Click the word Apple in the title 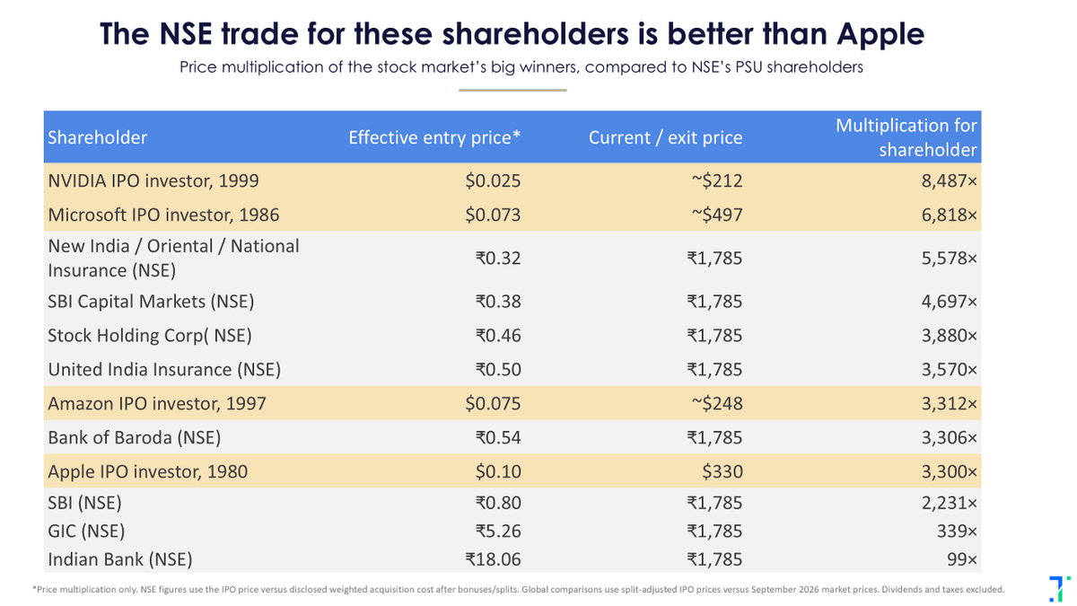[x=880, y=35]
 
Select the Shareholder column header [x=97, y=137]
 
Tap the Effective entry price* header [x=434, y=137]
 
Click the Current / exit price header [x=665, y=137]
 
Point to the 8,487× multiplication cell [x=950, y=180]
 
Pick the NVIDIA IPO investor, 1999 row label [x=153, y=180]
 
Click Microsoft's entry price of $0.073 [x=493, y=215]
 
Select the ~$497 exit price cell [x=717, y=215]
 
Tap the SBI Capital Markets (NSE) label [x=151, y=302]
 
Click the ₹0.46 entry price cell [x=498, y=335]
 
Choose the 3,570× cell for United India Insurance [x=950, y=369]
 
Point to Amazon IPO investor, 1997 [x=157, y=403]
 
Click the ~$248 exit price [x=717, y=403]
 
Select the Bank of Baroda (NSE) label [x=134, y=438]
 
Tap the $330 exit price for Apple [x=722, y=471]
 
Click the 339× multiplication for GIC [x=957, y=531]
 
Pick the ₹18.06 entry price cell [x=493, y=559]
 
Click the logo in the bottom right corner [x=1059, y=589]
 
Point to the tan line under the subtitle [x=512, y=90]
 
